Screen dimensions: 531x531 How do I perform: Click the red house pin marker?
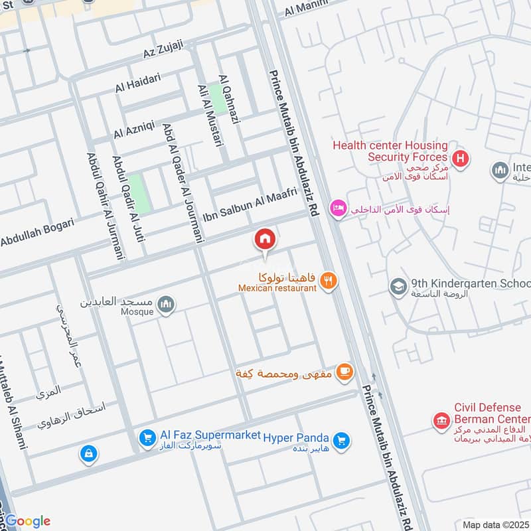coord(265,240)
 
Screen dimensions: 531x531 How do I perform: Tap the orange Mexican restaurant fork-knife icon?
coord(328,281)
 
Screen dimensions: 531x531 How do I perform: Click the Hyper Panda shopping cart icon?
coord(341,439)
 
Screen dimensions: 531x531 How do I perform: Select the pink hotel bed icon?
coord(339,208)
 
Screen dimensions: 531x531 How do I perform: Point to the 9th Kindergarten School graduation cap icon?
coord(398,286)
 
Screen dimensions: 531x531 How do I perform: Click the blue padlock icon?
coord(88,454)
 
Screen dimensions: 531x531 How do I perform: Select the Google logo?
coord(28,520)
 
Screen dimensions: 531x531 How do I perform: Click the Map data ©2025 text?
coord(495,524)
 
